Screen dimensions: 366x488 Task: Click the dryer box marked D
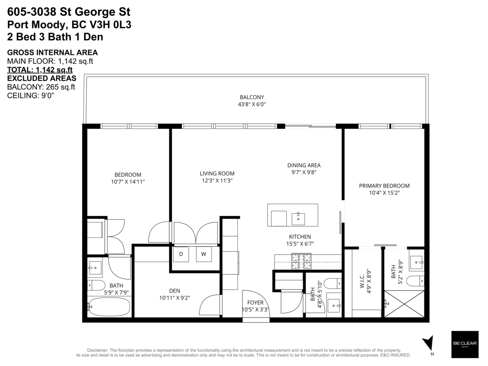click(181, 254)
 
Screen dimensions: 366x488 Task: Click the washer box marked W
click(204, 254)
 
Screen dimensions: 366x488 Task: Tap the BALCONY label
click(252, 97)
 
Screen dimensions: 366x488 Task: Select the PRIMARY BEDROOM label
click(384, 186)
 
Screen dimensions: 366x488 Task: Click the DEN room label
click(174, 291)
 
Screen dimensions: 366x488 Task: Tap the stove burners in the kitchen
click(301, 261)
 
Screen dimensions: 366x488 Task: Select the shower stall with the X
click(404, 303)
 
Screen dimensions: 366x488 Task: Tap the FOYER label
click(255, 303)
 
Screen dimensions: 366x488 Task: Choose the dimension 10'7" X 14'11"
click(128, 182)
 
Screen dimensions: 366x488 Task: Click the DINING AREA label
click(304, 165)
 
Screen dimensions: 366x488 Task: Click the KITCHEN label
click(300, 237)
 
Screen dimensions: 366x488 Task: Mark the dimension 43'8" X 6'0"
click(252, 104)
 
